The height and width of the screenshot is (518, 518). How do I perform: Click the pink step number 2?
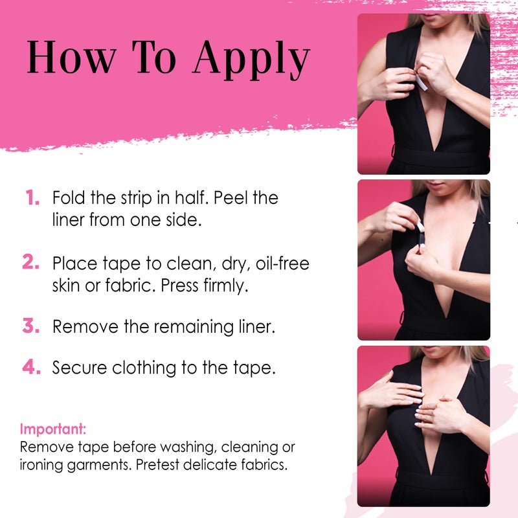pyautogui.click(x=32, y=263)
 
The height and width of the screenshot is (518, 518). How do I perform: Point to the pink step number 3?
pyautogui.click(x=32, y=326)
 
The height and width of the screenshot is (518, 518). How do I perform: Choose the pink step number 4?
pyautogui.click(x=32, y=367)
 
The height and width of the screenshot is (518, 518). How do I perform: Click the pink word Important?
pyautogui.click(x=53, y=429)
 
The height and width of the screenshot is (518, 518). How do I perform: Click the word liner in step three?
pyautogui.click(x=257, y=327)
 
